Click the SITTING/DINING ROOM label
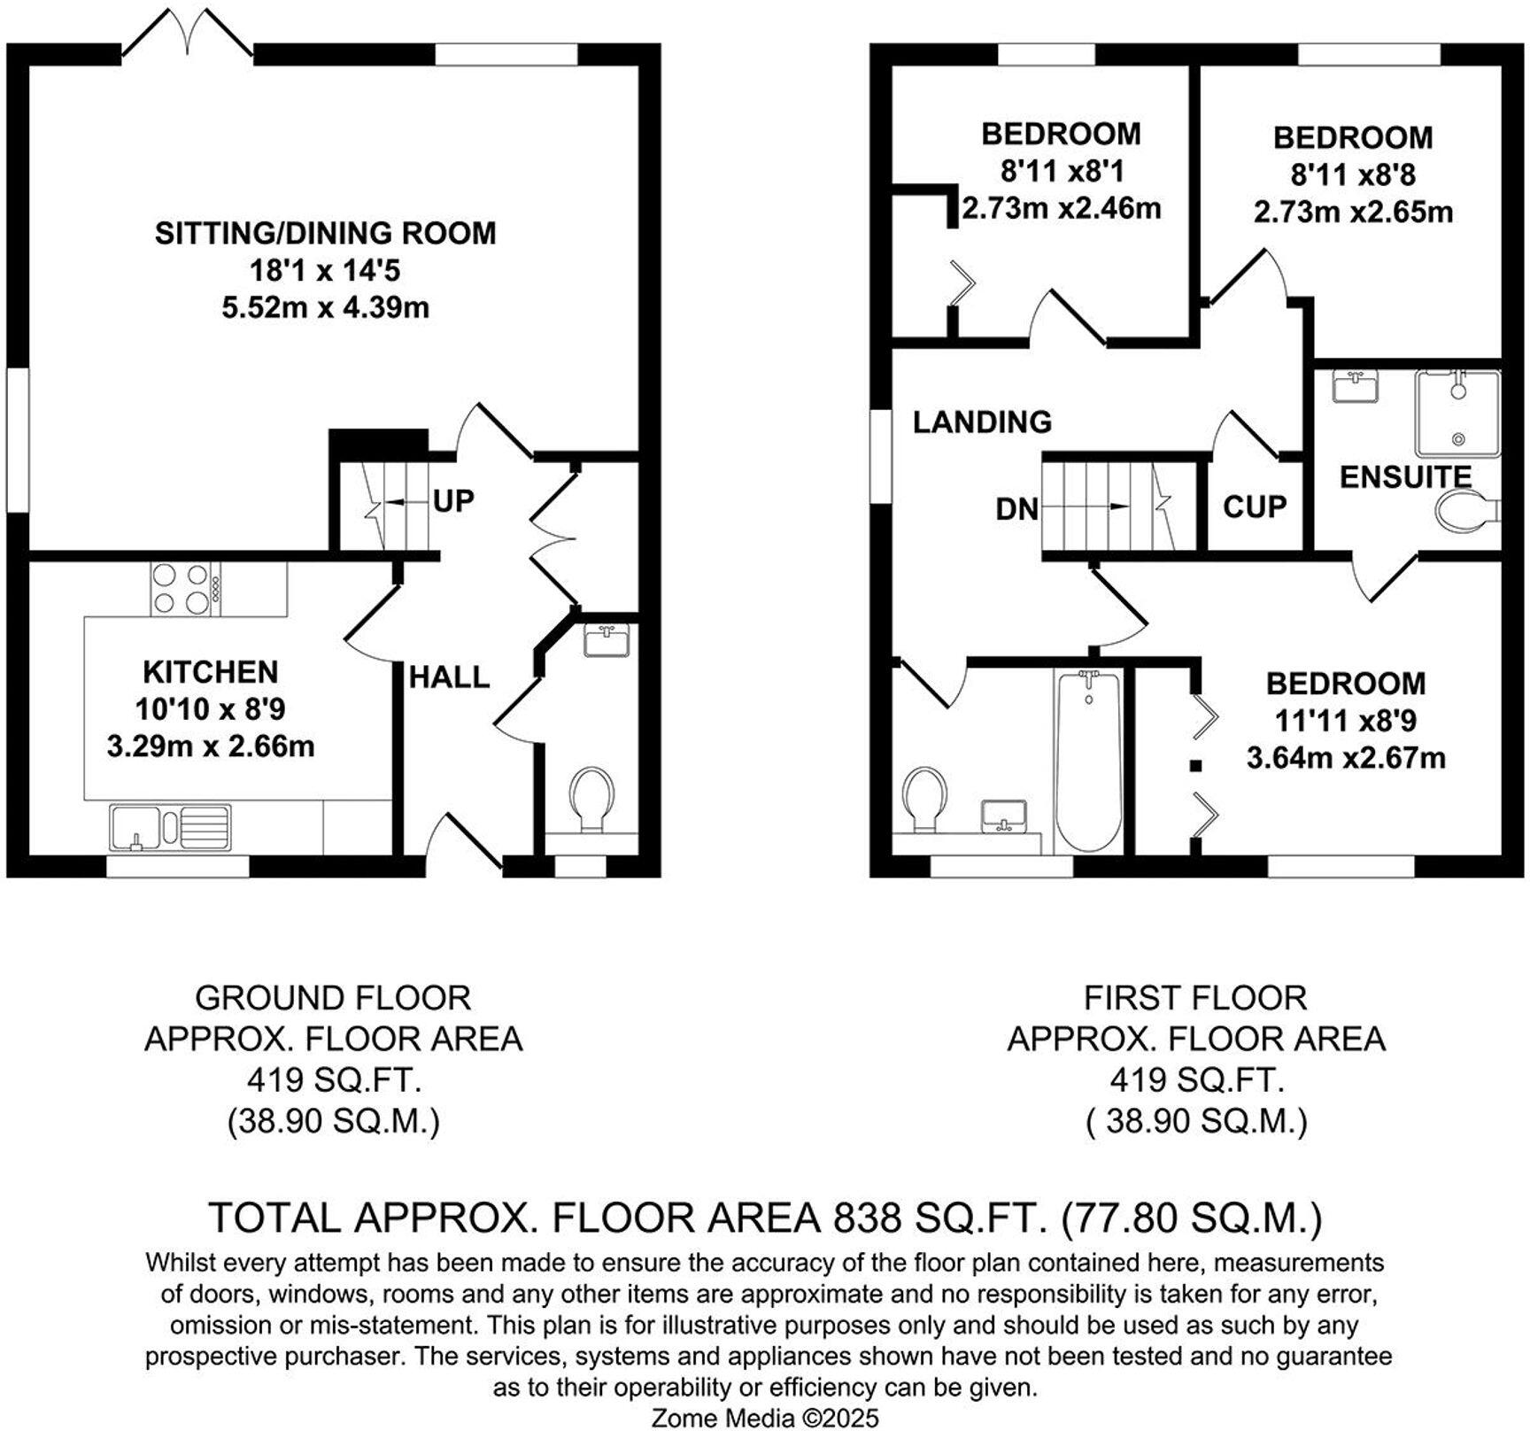coord(326,233)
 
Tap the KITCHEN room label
coord(211,672)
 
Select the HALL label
coord(449,677)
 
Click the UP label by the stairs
coord(454,501)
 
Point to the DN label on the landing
coord(1017,509)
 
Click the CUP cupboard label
coord(1255,507)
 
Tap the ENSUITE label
coord(1405,477)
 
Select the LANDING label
coord(983,422)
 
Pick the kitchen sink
coord(170,827)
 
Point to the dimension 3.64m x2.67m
coord(1346,758)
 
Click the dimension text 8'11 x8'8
coord(1353,175)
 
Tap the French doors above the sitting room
coord(187,34)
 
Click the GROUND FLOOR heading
coord(333,998)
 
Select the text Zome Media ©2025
coord(765,1418)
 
